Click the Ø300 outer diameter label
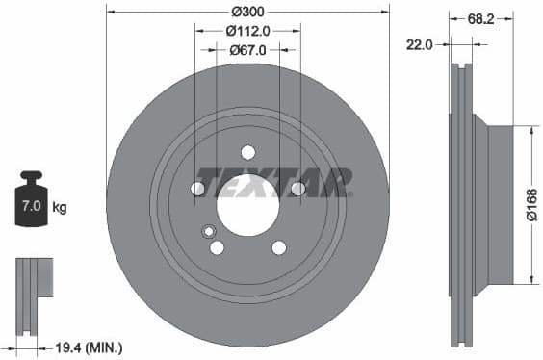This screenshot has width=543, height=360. [247, 12]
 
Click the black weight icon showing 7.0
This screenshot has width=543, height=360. [33, 200]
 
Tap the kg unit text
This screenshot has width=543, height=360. [60, 207]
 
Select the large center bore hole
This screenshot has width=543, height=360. [247, 205]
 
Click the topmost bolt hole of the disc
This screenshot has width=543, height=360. [247, 152]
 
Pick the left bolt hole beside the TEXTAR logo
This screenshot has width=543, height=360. [197, 189]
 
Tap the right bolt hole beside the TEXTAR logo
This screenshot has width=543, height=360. [298, 189]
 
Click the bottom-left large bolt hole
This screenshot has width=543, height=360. [217, 247]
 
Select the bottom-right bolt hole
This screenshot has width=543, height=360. [279, 247]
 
